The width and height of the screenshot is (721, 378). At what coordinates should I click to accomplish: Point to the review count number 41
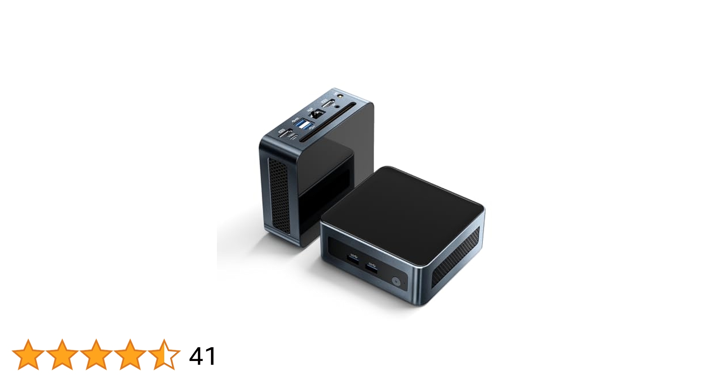tap(202, 356)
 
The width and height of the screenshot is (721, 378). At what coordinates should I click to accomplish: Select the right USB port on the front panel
tap(371, 266)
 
